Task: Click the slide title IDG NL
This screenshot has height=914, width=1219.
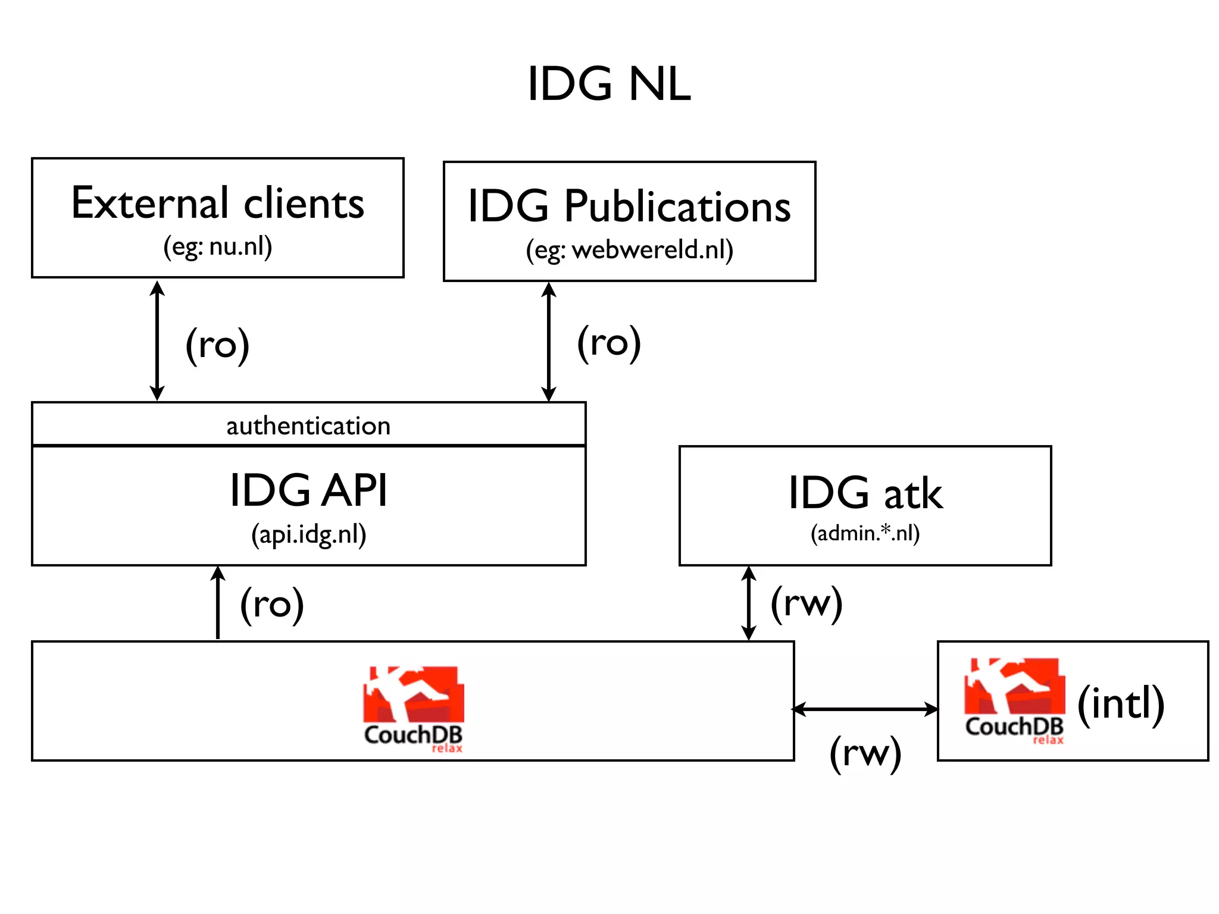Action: (x=609, y=84)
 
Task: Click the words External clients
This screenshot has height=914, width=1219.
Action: (x=217, y=204)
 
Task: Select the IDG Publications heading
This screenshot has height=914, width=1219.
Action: (x=629, y=206)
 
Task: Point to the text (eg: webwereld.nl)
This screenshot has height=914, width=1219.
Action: (x=629, y=250)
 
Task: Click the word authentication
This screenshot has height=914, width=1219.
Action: (x=308, y=426)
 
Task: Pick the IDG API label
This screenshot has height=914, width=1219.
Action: (x=308, y=490)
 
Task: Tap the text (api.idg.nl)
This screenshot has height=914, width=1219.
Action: (x=308, y=534)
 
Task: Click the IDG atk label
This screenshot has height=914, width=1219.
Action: (x=865, y=493)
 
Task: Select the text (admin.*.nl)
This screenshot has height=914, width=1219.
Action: (x=865, y=533)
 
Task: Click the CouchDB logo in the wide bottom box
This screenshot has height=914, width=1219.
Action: (x=414, y=708)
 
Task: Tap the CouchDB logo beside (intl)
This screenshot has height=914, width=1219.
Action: (x=1014, y=701)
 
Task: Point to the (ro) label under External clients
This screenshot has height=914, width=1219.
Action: (x=217, y=345)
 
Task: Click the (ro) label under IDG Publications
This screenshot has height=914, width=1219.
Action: (x=609, y=343)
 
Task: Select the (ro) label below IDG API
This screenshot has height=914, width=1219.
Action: (x=272, y=605)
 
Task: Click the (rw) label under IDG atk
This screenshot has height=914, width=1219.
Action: (x=807, y=603)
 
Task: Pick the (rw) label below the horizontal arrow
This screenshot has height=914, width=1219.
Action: (x=865, y=753)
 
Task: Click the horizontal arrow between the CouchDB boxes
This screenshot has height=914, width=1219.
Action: (x=865, y=709)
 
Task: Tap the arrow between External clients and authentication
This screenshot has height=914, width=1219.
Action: (x=157, y=341)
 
